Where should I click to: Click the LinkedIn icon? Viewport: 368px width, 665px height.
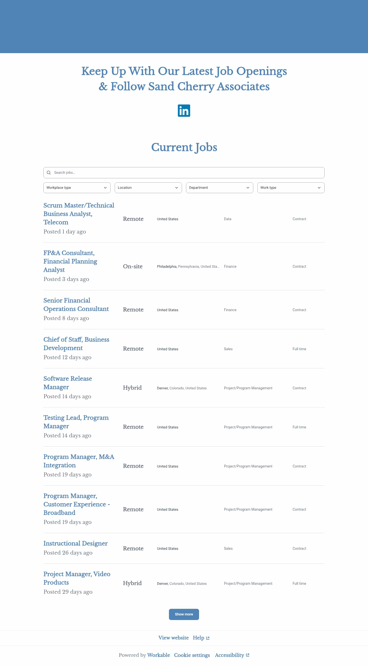tap(184, 110)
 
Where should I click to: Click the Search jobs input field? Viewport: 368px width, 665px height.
tap(184, 172)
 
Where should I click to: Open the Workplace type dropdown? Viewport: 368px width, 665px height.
tap(77, 188)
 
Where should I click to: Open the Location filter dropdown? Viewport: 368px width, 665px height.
tap(148, 188)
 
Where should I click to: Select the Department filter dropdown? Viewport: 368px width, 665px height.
tap(219, 188)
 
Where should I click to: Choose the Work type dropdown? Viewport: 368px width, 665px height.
tap(291, 188)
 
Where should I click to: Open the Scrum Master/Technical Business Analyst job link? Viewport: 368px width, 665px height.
tap(78, 214)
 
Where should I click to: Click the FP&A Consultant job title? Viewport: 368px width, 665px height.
tap(70, 261)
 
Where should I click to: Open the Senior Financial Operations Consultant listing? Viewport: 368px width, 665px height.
tap(76, 304)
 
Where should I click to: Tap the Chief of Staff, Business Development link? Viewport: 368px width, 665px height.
tap(76, 343)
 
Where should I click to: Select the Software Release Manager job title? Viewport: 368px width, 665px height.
tap(67, 383)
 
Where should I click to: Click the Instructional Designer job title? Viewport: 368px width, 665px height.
tap(75, 543)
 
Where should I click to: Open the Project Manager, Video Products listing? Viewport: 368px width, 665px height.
tap(77, 578)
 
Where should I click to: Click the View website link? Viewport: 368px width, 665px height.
tap(173, 638)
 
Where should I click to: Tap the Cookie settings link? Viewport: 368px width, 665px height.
tap(192, 655)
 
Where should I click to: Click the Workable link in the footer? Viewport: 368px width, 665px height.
tap(158, 655)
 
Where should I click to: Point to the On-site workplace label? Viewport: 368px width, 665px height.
tap(133, 266)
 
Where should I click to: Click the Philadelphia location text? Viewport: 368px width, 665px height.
tap(167, 266)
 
